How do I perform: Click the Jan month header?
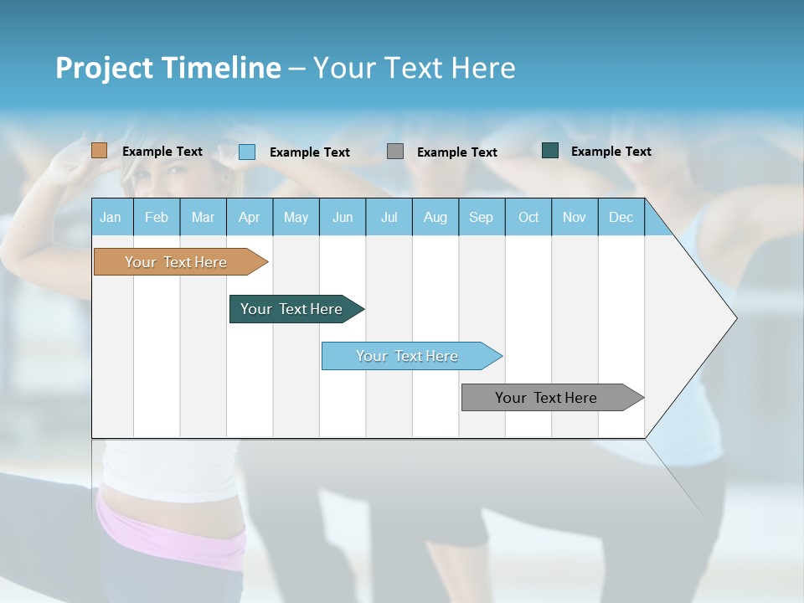tap(111, 217)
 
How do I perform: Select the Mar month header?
tap(203, 217)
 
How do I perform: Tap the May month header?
tap(296, 217)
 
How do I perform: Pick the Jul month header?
tap(389, 217)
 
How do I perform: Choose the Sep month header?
tap(481, 217)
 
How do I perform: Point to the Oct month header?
tap(528, 217)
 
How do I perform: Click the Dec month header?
tap(621, 217)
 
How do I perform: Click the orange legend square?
tap(100, 151)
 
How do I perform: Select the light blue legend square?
tap(247, 152)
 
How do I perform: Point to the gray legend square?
tap(395, 152)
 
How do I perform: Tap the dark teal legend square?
tap(550, 151)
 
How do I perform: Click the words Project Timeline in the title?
tap(167, 68)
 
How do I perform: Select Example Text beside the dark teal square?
tap(611, 152)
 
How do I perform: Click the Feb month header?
tap(157, 217)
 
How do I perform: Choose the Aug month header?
tap(435, 217)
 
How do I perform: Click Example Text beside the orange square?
tap(162, 152)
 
